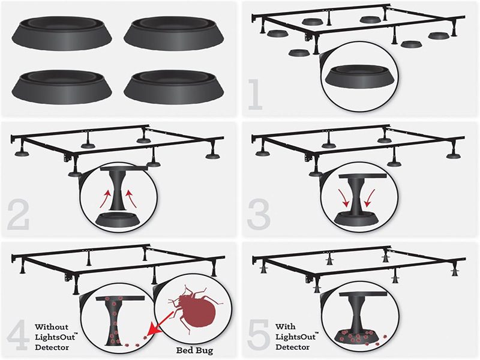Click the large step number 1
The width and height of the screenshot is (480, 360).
pos(256,94)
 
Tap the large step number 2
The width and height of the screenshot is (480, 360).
pos(18,215)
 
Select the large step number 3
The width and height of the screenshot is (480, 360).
pos(259,214)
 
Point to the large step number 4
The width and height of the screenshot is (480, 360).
pos(19,335)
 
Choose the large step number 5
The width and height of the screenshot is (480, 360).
pos(259,335)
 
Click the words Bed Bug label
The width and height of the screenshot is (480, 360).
pos(194,350)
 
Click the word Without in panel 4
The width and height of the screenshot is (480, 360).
pos(52,326)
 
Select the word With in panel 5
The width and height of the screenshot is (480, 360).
pos(286,326)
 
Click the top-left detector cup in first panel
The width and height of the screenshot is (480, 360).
pos(62,34)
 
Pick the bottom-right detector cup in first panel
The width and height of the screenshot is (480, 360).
pos(174,87)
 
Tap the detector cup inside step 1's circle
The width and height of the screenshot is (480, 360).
pos(359,77)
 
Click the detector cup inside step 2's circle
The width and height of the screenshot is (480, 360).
pos(118,219)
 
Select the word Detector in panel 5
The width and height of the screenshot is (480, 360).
pos(292,347)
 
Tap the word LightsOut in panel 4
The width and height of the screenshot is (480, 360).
pos(55,337)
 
